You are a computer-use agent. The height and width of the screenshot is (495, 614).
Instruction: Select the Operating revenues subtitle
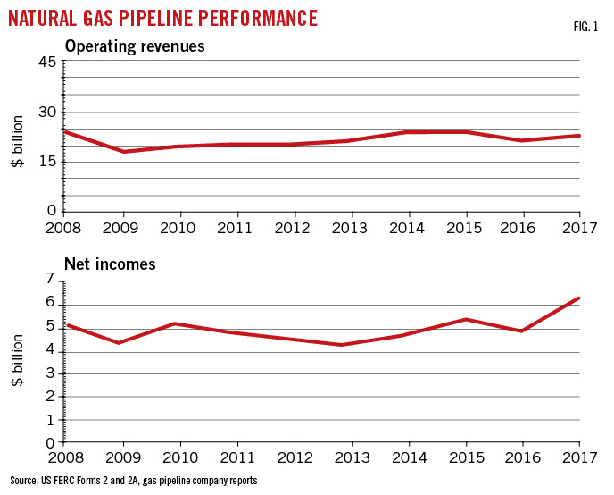[134, 46]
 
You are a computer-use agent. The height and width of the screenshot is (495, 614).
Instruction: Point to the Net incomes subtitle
[110, 264]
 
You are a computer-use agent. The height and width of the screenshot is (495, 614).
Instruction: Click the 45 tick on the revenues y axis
[47, 62]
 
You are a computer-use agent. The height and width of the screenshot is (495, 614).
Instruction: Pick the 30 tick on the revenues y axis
[47, 112]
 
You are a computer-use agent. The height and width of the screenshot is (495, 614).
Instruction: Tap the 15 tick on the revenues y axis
[47, 162]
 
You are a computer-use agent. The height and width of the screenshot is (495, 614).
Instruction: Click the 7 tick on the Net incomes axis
[51, 281]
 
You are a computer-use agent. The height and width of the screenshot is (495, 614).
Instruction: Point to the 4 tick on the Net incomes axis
[51, 350]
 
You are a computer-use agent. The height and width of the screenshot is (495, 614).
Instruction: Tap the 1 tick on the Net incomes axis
[51, 419]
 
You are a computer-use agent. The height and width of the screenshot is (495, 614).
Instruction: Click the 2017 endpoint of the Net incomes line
[579, 298]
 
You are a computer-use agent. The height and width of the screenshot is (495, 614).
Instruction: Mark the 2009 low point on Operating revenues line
[122, 152]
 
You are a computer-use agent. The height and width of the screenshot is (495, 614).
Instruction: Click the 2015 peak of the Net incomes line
[466, 319]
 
